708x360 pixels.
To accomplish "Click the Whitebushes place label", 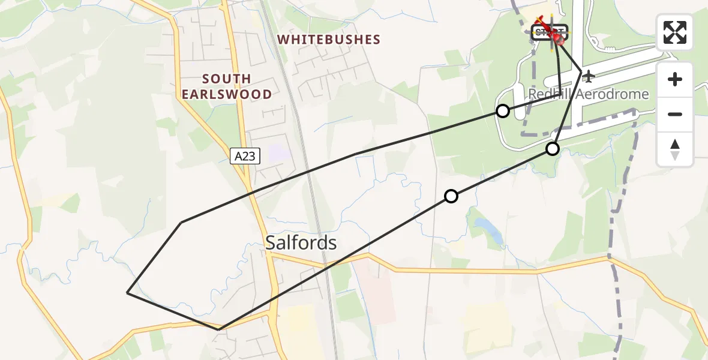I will (329, 40).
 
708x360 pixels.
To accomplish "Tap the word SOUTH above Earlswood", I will (227, 79).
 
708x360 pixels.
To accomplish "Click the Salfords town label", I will (301, 243).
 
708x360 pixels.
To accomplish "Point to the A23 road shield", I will (245, 157).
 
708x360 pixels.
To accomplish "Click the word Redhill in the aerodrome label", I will (550, 95).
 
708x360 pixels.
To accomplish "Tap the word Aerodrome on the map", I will (613, 95).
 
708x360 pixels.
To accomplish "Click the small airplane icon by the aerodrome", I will (589, 76).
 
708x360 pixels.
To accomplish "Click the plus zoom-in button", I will (675, 79).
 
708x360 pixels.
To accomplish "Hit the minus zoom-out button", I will (675, 114).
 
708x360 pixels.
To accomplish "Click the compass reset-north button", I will (675, 149).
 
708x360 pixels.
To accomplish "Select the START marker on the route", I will (548, 32).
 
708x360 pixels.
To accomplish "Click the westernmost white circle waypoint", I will (451, 196).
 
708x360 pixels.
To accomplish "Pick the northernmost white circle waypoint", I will (503, 111).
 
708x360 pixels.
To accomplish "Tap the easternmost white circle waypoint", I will (553, 149).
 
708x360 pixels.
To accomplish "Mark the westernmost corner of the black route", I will (127, 293).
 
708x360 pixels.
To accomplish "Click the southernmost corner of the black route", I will (219, 329).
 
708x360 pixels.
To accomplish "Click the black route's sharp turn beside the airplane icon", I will (581, 71).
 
